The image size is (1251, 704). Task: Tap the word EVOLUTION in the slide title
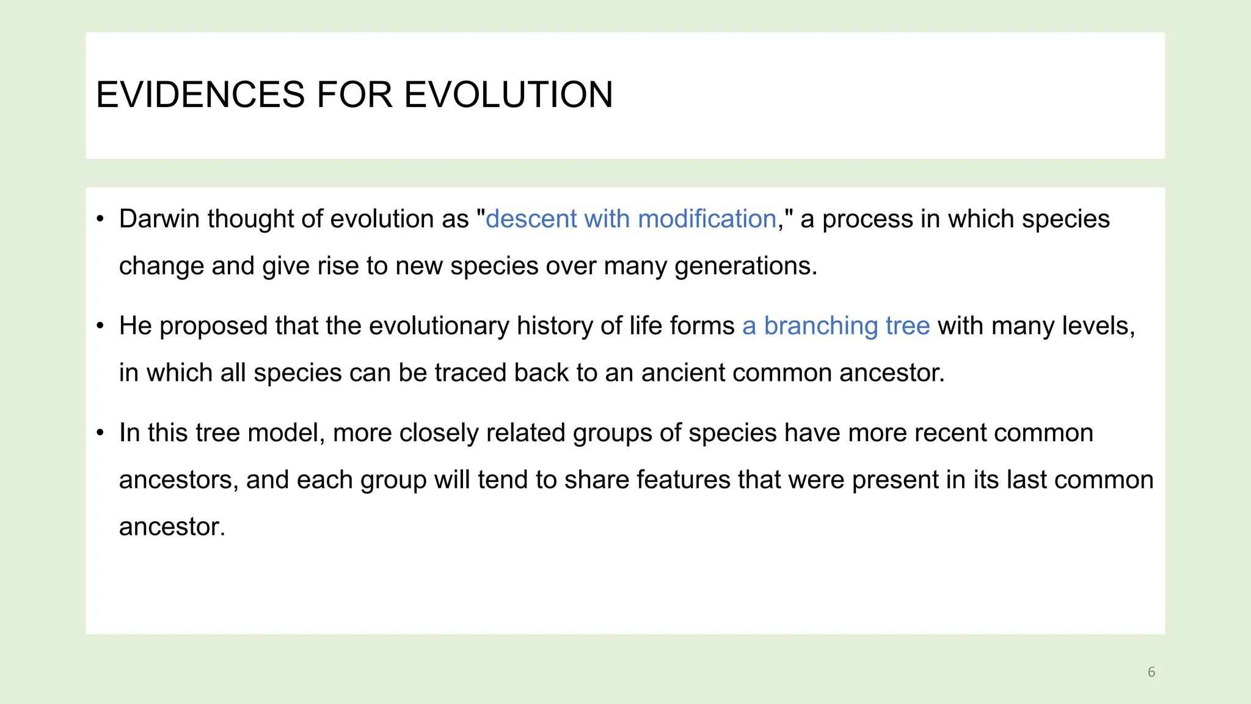click(508, 95)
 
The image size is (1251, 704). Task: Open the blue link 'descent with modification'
click(630, 219)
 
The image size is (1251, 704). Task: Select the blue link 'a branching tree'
click(836, 326)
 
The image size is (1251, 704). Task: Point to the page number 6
click(1151, 672)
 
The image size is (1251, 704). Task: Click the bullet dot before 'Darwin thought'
click(101, 219)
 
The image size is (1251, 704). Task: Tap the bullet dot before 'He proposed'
click(101, 326)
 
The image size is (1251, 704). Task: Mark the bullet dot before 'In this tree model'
click(101, 433)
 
